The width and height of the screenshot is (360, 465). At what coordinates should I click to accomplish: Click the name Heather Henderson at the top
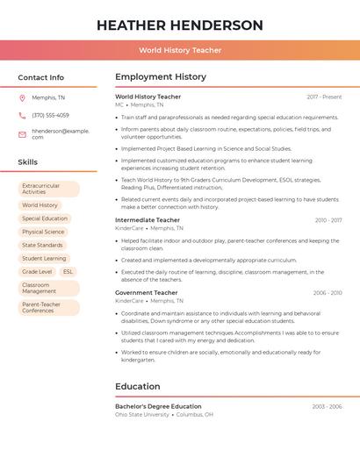pyautogui.click(x=180, y=25)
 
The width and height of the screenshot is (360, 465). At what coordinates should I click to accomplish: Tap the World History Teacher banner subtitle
pyautogui.click(x=180, y=51)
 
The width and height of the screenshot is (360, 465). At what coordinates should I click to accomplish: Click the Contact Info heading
pyautogui.click(x=40, y=77)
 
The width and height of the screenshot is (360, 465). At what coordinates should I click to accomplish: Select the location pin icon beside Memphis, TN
pyautogui.click(x=22, y=97)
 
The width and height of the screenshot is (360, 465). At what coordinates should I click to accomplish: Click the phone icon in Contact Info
pyautogui.click(x=22, y=115)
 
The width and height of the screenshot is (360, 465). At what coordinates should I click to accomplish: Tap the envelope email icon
pyautogui.click(x=22, y=134)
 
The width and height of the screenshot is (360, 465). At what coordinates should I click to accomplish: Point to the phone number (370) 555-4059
pyautogui.click(x=50, y=115)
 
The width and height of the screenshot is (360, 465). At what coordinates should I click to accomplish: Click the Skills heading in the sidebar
pyautogui.click(x=28, y=162)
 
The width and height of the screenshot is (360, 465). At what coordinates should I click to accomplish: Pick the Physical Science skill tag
pyautogui.click(x=43, y=232)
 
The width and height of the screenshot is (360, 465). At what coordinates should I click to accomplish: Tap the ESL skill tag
pyautogui.click(x=68, y=272)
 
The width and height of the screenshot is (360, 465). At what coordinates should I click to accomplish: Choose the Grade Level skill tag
pyautogui.click(x=37, y=272)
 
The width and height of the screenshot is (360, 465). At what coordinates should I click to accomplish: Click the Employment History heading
pyautogui.click(x=161, y=77)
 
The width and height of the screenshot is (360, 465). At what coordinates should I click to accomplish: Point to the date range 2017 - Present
pyautogui.click(x=324, y=97)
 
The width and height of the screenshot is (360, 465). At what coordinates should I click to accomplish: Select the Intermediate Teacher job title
pyautogui.click(x=148, y=220)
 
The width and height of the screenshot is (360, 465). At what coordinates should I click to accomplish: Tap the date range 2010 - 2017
pyautogui.click(x=328, y=220)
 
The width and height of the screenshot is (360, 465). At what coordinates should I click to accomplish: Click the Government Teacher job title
pyautogui.click(x=147, y=293)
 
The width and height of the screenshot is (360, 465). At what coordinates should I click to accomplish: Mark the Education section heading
pyautogui.click(x=138, y=386)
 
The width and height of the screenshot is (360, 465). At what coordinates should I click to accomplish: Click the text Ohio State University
pyautogui.click(x=142, y=414)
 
